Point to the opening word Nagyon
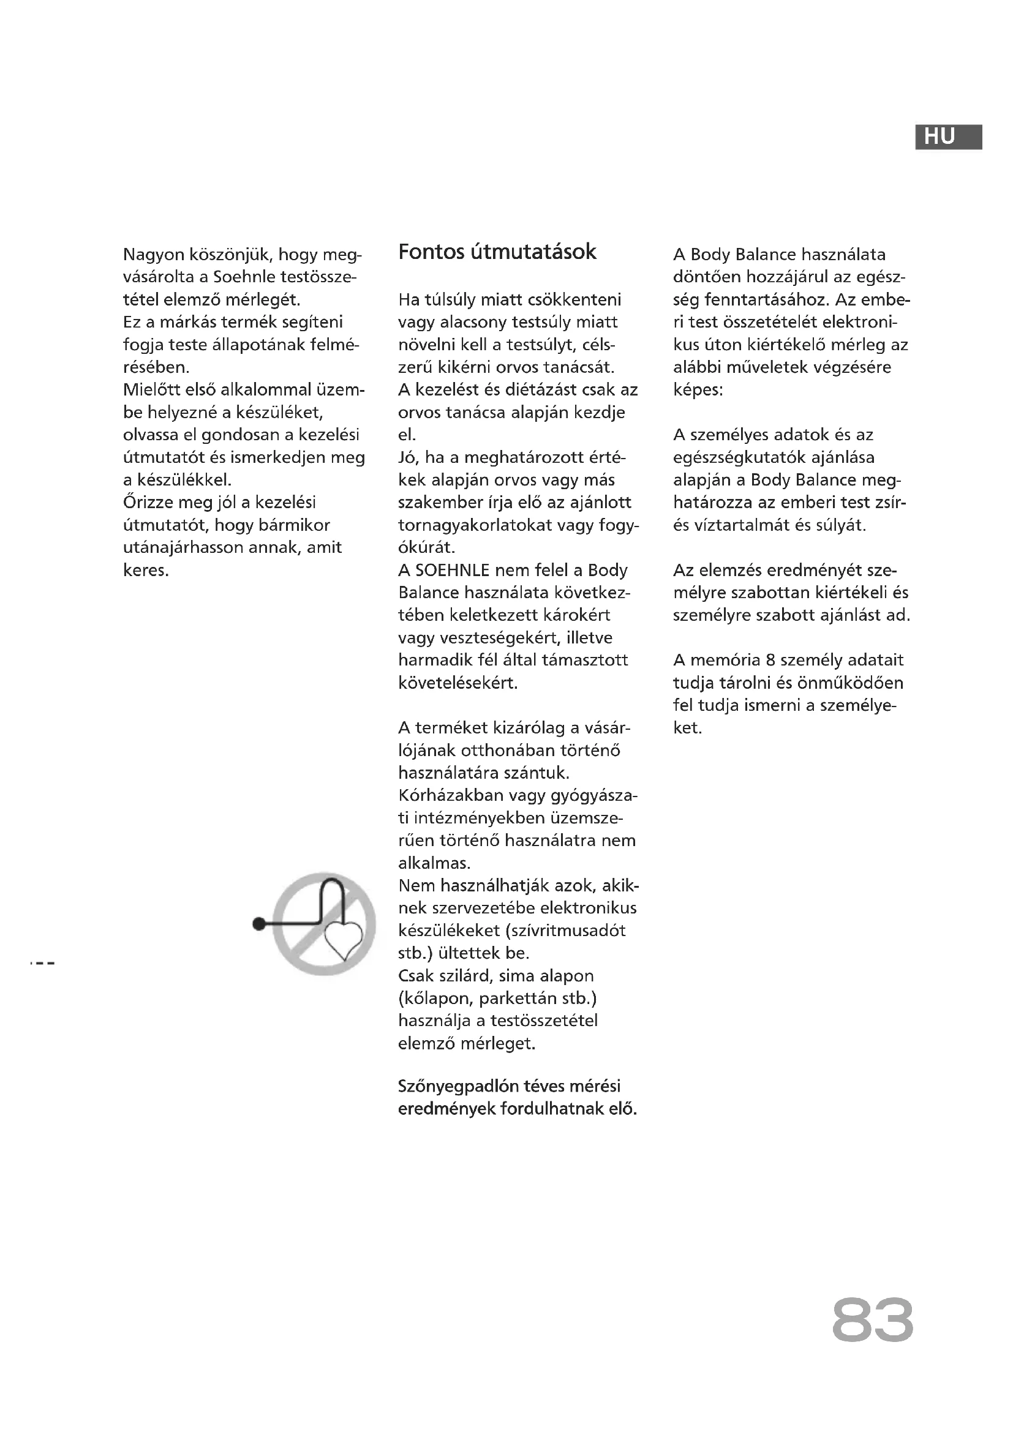154,255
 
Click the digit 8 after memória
770,660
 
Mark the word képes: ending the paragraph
698,391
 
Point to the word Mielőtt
153,390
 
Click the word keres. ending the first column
146,570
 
